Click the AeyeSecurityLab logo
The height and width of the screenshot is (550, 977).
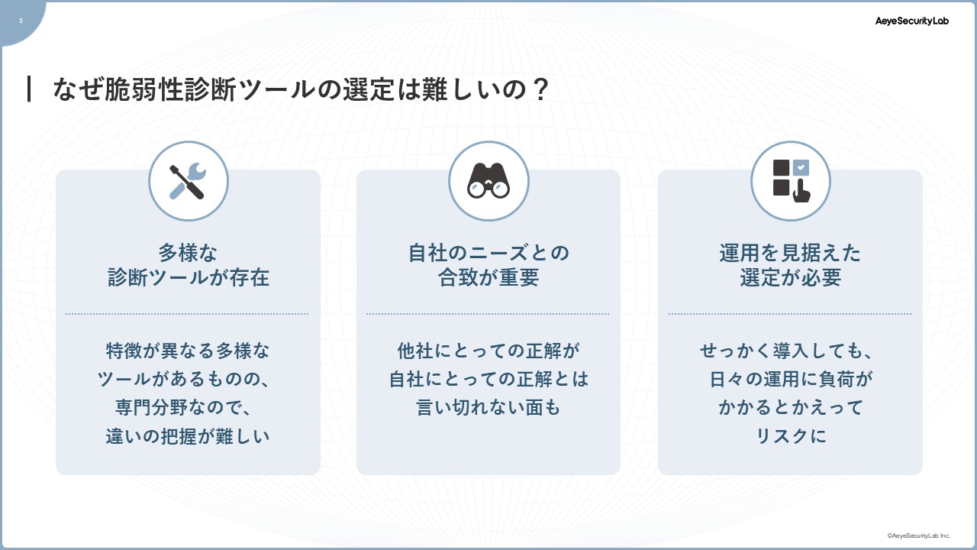point(911,21)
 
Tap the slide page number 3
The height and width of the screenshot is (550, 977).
point(21,21)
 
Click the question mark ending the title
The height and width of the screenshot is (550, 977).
point(541,89)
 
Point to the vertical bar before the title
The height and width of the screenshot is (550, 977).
point(29,89)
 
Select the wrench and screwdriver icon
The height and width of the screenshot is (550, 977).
point(188,181)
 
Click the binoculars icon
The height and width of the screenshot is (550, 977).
point(488,180)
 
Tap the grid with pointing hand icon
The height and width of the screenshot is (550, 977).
point(792,181)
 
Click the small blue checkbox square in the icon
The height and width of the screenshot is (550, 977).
point(801,167)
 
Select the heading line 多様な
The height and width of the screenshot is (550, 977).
point(188,253)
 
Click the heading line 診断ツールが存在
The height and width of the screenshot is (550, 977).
point(189,277)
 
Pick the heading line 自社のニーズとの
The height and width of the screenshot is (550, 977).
point(488,253)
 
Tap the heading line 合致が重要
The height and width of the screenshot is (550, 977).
point(488,277)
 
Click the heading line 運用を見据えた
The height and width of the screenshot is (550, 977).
point(790,253)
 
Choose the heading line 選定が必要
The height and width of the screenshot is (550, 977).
point(790,277)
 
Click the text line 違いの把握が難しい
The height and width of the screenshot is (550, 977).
point(188,436)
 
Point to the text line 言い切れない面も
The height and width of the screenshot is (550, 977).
point(488,407)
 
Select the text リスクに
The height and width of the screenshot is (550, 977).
point(790,436)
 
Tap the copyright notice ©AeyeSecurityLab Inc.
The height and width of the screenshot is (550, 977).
point(918,535)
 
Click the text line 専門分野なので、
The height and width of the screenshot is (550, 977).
point(183,407)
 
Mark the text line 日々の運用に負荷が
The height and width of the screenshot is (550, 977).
point(790,379)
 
